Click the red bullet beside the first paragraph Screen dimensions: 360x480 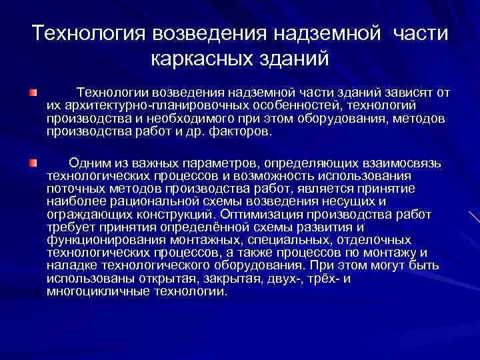(33, 90)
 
